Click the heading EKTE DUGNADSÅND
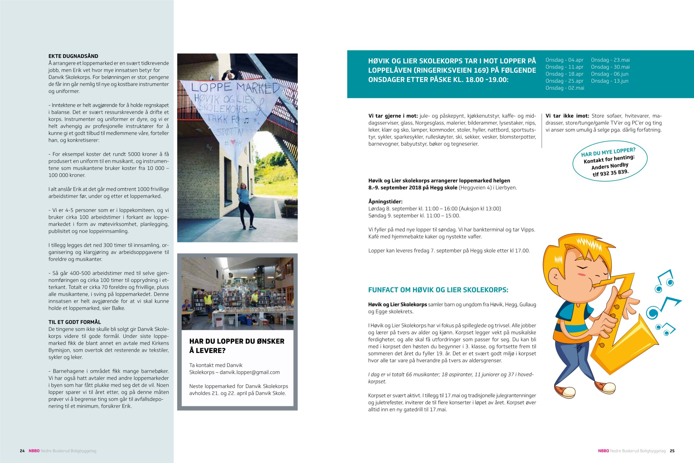pyautogui.click(x=73, y=56)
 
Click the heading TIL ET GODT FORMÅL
pyautogui.click(x=75, y=322)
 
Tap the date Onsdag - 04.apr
pyautogui.click(x=565, y=60)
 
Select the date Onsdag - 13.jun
pyautogui.click(x=610, y=81)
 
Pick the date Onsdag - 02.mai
pyautogui.click(x=565, y=88)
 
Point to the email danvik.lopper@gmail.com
pyautogui.click(x=249, y=372)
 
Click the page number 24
pyautogui.click(x=22, y=451)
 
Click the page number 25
pyautogui.click(x=672, y=451)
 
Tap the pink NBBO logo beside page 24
pyautogui.click(x=34, y=451)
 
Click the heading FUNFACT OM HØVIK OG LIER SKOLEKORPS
pyautogui.click(x=438, y=290)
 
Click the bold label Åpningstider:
pyautogui.click(x=385, y=202)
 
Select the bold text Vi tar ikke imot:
pyautogui.click(x=567, y=116)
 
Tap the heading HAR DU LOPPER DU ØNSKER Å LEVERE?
pyautogui.click(x=236, y=346)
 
